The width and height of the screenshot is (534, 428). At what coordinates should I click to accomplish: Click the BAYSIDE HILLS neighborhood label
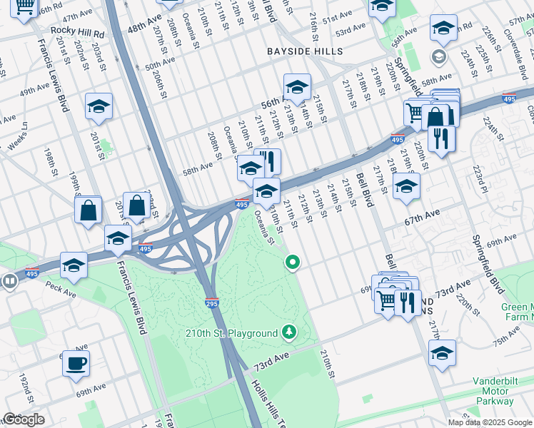tap(305, 51)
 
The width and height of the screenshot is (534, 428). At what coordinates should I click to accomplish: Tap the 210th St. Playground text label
tap(231, 333)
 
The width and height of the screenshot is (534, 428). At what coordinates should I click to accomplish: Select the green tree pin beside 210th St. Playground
tap(288, 332)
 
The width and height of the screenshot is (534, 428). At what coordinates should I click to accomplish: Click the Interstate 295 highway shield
tap(211, 302)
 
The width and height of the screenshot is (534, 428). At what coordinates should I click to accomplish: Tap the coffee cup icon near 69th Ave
tap(75, 363)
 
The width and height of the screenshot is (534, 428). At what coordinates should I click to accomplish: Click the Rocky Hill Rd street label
tap(77, 32)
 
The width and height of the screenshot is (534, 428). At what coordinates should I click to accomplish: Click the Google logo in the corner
tap(24, 419)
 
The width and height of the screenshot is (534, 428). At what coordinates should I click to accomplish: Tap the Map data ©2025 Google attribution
tap(490, 422)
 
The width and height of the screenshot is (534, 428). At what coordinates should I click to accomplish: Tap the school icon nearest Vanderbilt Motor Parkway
tap(442, 352)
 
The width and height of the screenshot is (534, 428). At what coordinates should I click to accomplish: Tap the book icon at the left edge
tap(9, 281)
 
